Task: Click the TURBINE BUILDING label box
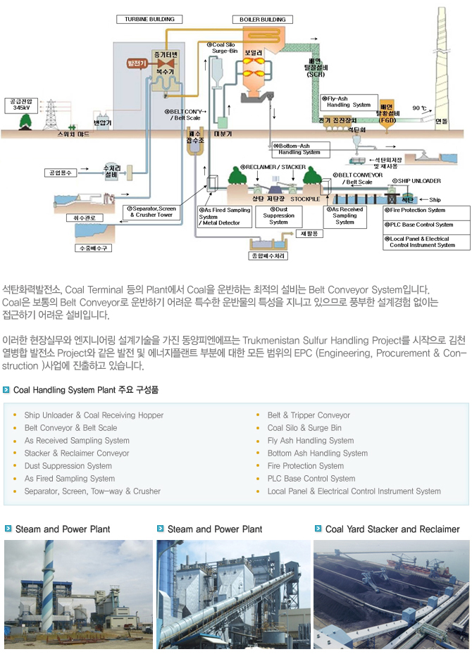pos(145,19)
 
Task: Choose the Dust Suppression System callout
pos(278,216)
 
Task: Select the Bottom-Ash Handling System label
pos(298,149)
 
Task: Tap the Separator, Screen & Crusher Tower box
pos(151,211)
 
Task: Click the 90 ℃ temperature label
pos(420,108)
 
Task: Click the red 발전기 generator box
pos(135,63)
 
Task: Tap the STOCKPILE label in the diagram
pos(304,199)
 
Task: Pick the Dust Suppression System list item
pos(68,466)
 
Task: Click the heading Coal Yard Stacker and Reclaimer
pos(392,529)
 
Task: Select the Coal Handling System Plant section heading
pos(85,389)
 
